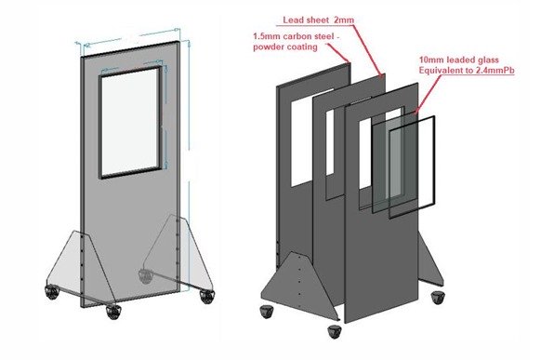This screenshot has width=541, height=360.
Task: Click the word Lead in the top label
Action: (292, 20)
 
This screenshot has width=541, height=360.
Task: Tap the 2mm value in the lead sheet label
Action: (344, 20)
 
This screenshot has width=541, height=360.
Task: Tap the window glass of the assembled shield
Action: (130, 122)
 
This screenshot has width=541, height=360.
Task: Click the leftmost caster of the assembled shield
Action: (52, 292)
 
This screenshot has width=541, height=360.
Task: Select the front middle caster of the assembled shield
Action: (113, 312)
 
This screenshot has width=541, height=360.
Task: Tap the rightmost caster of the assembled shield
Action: (207, 297)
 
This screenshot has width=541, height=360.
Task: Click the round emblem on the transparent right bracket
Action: (146, 276)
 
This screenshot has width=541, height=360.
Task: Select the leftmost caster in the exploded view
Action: (267, 312)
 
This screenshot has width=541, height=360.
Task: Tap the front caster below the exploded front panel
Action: (335, 332)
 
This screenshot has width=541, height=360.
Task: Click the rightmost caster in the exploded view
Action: (438, 298)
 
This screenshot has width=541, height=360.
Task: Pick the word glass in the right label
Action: (486, 60)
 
